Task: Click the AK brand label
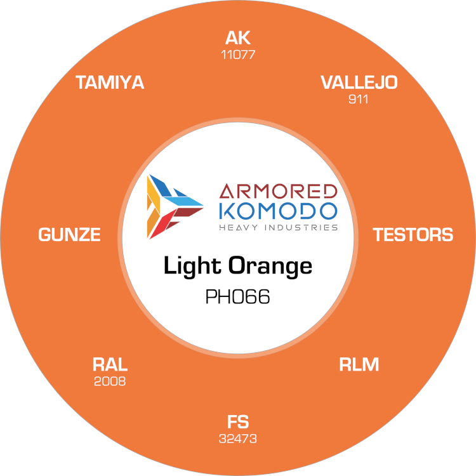238,39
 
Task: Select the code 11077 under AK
238,55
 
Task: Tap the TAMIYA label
110,83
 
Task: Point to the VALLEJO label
359,83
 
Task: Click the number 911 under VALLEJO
359,99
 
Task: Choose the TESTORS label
413,235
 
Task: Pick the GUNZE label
69,235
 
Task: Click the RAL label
110,365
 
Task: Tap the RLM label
359,365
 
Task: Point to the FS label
238,421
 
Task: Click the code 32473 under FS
238,438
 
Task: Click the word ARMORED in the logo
277,191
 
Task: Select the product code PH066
238,297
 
